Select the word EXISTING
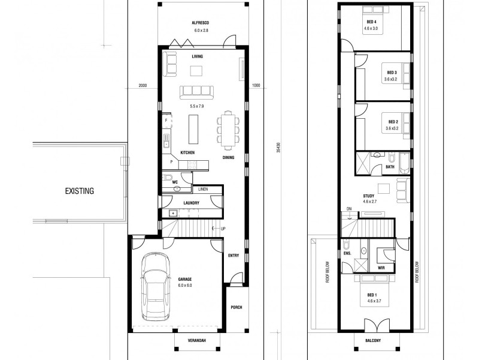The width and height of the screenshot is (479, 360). [80, 191]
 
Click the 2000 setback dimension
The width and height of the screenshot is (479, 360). [142, 85]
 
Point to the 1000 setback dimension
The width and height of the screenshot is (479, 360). [256, 85]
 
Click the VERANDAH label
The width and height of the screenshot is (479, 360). [197, 341]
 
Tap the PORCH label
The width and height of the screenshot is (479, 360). [236, 308]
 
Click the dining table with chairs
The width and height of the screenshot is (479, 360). [228, 129]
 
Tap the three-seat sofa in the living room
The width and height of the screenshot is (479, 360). [197, 91]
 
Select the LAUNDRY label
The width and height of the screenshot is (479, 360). [191, 203]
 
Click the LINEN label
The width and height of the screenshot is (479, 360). [203, 189]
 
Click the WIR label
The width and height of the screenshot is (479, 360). [381, 268]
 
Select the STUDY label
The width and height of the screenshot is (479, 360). [369, 196]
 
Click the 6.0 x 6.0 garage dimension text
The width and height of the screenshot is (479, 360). [186, 286]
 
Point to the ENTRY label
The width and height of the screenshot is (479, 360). [234, 256]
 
